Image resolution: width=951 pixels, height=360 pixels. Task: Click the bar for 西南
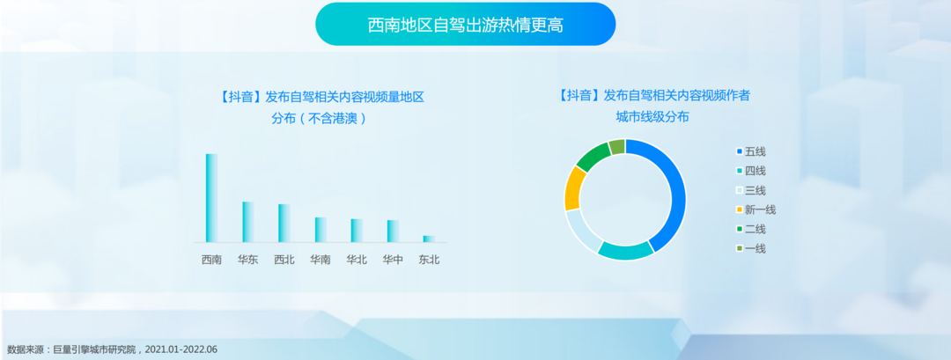pos(211,198)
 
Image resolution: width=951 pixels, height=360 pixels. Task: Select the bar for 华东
pos(248,222)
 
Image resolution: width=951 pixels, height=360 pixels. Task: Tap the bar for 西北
pos(284,223)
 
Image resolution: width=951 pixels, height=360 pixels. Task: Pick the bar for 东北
pos(429,239)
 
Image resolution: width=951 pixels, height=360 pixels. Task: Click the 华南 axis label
pos(321,260)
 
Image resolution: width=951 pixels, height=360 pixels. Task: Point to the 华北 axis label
pos(357,260)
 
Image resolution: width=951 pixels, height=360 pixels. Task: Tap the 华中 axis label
pos(393,260)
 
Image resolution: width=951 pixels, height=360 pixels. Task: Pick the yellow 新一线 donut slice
pos(573,187)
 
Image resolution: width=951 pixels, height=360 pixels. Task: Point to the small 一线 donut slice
pos(617,147)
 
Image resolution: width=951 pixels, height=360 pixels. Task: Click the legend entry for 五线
pos(751,151)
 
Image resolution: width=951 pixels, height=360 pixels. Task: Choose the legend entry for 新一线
pos(756,209)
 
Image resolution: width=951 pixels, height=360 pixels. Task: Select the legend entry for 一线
pos(751,248)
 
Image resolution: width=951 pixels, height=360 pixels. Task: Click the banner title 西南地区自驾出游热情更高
pos(465,26)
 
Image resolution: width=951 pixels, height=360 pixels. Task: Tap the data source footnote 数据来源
pos(112,349)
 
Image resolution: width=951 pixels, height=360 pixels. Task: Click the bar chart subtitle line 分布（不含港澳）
pos(320,118)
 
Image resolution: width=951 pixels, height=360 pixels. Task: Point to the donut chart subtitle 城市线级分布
pos(652,117)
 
